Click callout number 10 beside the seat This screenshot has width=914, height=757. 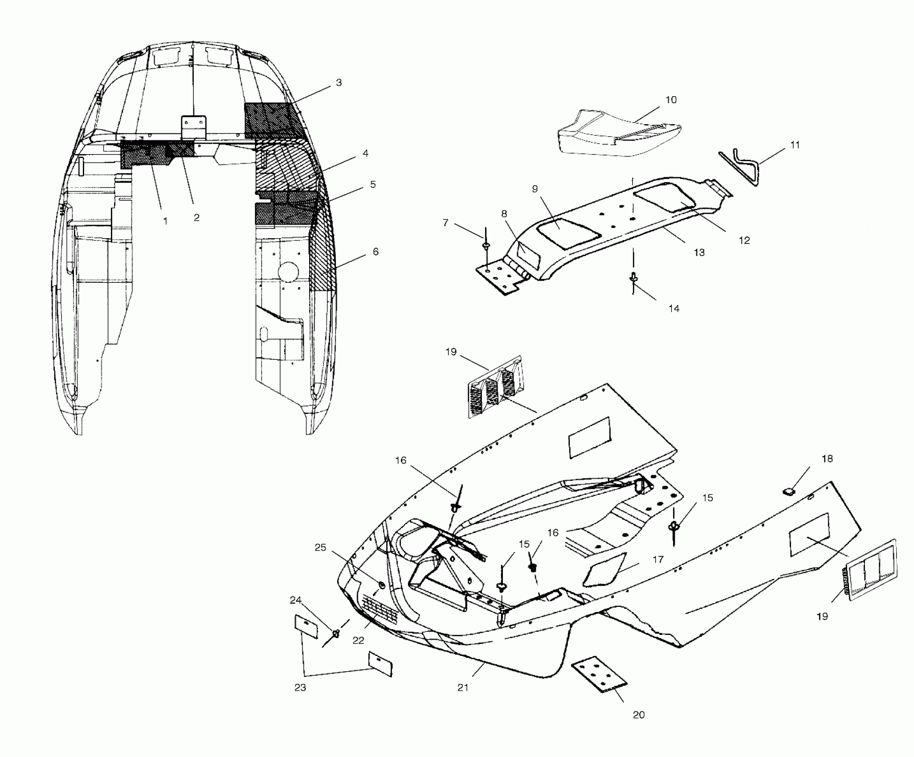[x=671, y=100]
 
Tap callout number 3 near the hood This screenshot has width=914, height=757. [x=339, y=83]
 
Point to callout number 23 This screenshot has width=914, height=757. [x=300, y=688]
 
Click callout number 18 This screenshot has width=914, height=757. [x=827, y=459]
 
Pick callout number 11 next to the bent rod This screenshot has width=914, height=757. [x=795, y=145]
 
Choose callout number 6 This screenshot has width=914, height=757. [x=375, y=252]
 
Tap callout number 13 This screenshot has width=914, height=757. [x=699, y=252]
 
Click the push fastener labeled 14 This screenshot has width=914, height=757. [x=633, y=278]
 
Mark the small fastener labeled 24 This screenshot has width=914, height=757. [x=336, y=633]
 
